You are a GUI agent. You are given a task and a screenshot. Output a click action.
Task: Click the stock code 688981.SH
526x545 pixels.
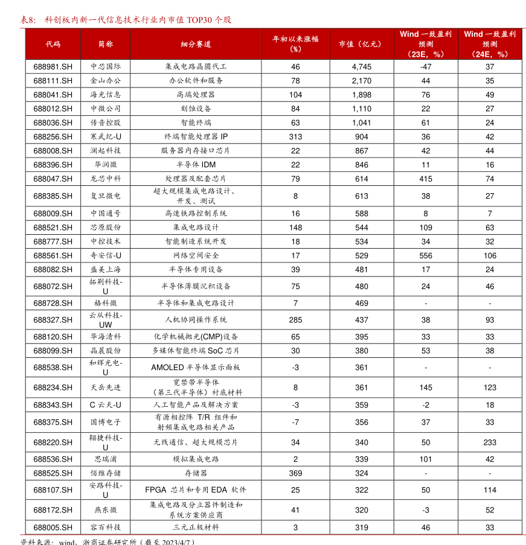53,67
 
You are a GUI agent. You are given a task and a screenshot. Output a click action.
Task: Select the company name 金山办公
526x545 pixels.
105,81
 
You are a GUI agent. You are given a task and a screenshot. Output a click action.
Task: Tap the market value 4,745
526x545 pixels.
361,67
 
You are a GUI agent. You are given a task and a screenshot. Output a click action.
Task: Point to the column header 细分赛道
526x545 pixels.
196,44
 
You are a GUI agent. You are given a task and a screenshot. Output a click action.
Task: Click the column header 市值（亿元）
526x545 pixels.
361,44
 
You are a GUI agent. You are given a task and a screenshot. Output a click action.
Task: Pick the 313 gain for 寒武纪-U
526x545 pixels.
295,137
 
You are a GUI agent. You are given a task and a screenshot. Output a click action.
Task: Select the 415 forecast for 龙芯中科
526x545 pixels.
426,179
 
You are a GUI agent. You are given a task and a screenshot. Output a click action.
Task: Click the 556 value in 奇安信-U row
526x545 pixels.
426,256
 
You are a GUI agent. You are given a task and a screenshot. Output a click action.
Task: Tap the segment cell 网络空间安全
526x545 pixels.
196,256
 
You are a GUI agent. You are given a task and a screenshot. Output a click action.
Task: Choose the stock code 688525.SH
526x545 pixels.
53,473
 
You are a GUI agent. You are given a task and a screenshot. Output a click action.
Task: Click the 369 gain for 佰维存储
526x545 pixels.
295,473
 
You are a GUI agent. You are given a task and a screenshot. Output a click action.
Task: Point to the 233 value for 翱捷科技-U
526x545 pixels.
490,442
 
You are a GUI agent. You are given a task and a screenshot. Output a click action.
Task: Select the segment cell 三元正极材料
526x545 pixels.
196,527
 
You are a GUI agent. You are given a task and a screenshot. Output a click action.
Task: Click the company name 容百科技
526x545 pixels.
105,527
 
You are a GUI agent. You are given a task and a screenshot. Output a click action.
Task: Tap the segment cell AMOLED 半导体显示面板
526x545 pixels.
196,368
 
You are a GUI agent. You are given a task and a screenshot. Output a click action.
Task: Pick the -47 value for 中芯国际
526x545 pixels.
426,67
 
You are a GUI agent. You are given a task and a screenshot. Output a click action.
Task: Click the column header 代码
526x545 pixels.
53,44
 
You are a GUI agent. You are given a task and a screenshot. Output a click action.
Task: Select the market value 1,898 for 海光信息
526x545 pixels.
361,95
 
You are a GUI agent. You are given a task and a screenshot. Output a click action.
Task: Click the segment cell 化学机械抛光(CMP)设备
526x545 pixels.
196,337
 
